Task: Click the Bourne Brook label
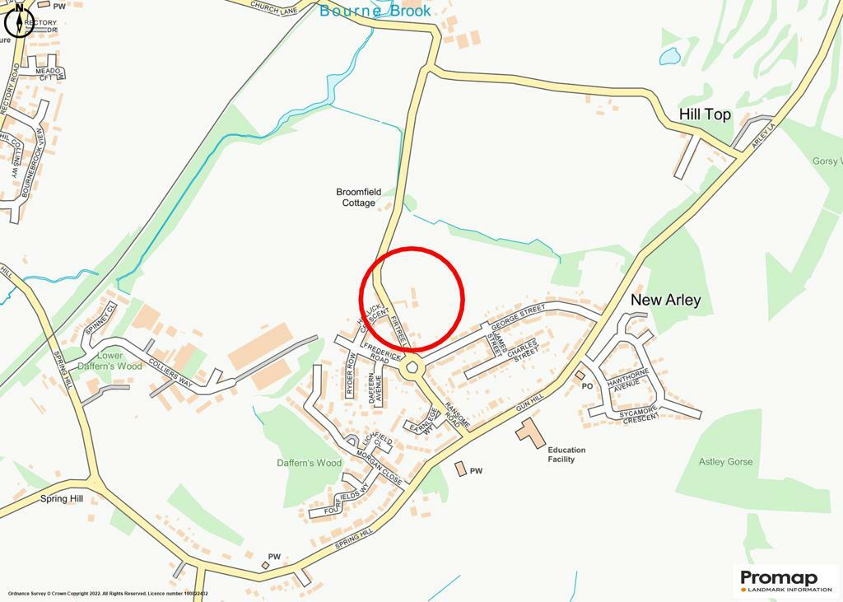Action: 375,11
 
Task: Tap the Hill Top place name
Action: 705,114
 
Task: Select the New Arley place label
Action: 665,300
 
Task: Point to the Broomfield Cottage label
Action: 358,197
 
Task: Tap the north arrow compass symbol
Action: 18,22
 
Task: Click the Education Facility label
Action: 566,455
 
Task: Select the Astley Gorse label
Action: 725,462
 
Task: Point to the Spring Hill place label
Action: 62,499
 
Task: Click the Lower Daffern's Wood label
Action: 114,361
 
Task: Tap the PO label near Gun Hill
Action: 587,385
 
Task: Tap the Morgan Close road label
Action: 379,465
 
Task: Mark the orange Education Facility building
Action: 531,432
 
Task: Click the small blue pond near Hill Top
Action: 670,56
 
